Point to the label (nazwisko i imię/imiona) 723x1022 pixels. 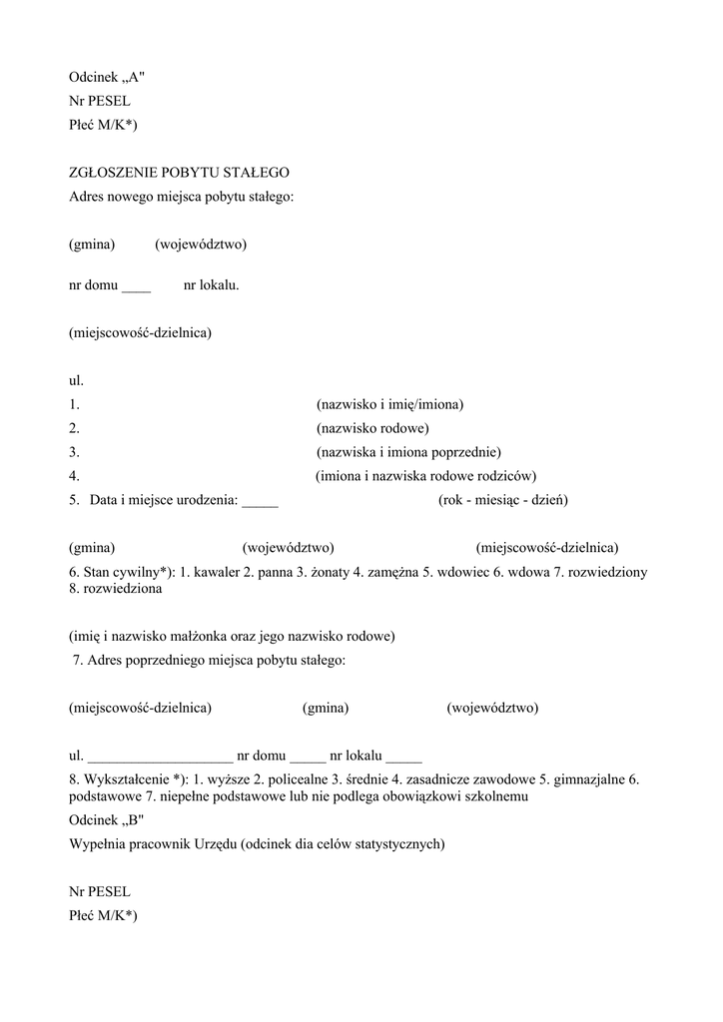pyautogui.click(x=389, y=404)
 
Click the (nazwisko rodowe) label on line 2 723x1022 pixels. pyautogui.click(x=372, y=428)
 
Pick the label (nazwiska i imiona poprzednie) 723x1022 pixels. pyautogui.click(x=408, y=452)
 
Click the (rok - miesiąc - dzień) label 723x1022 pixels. pyautogui.click(x=502, y=500)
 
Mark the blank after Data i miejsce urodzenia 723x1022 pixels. pyautogui.click(x=260, y=501)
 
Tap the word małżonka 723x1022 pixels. pyautogui.click(x=203, y=636)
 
